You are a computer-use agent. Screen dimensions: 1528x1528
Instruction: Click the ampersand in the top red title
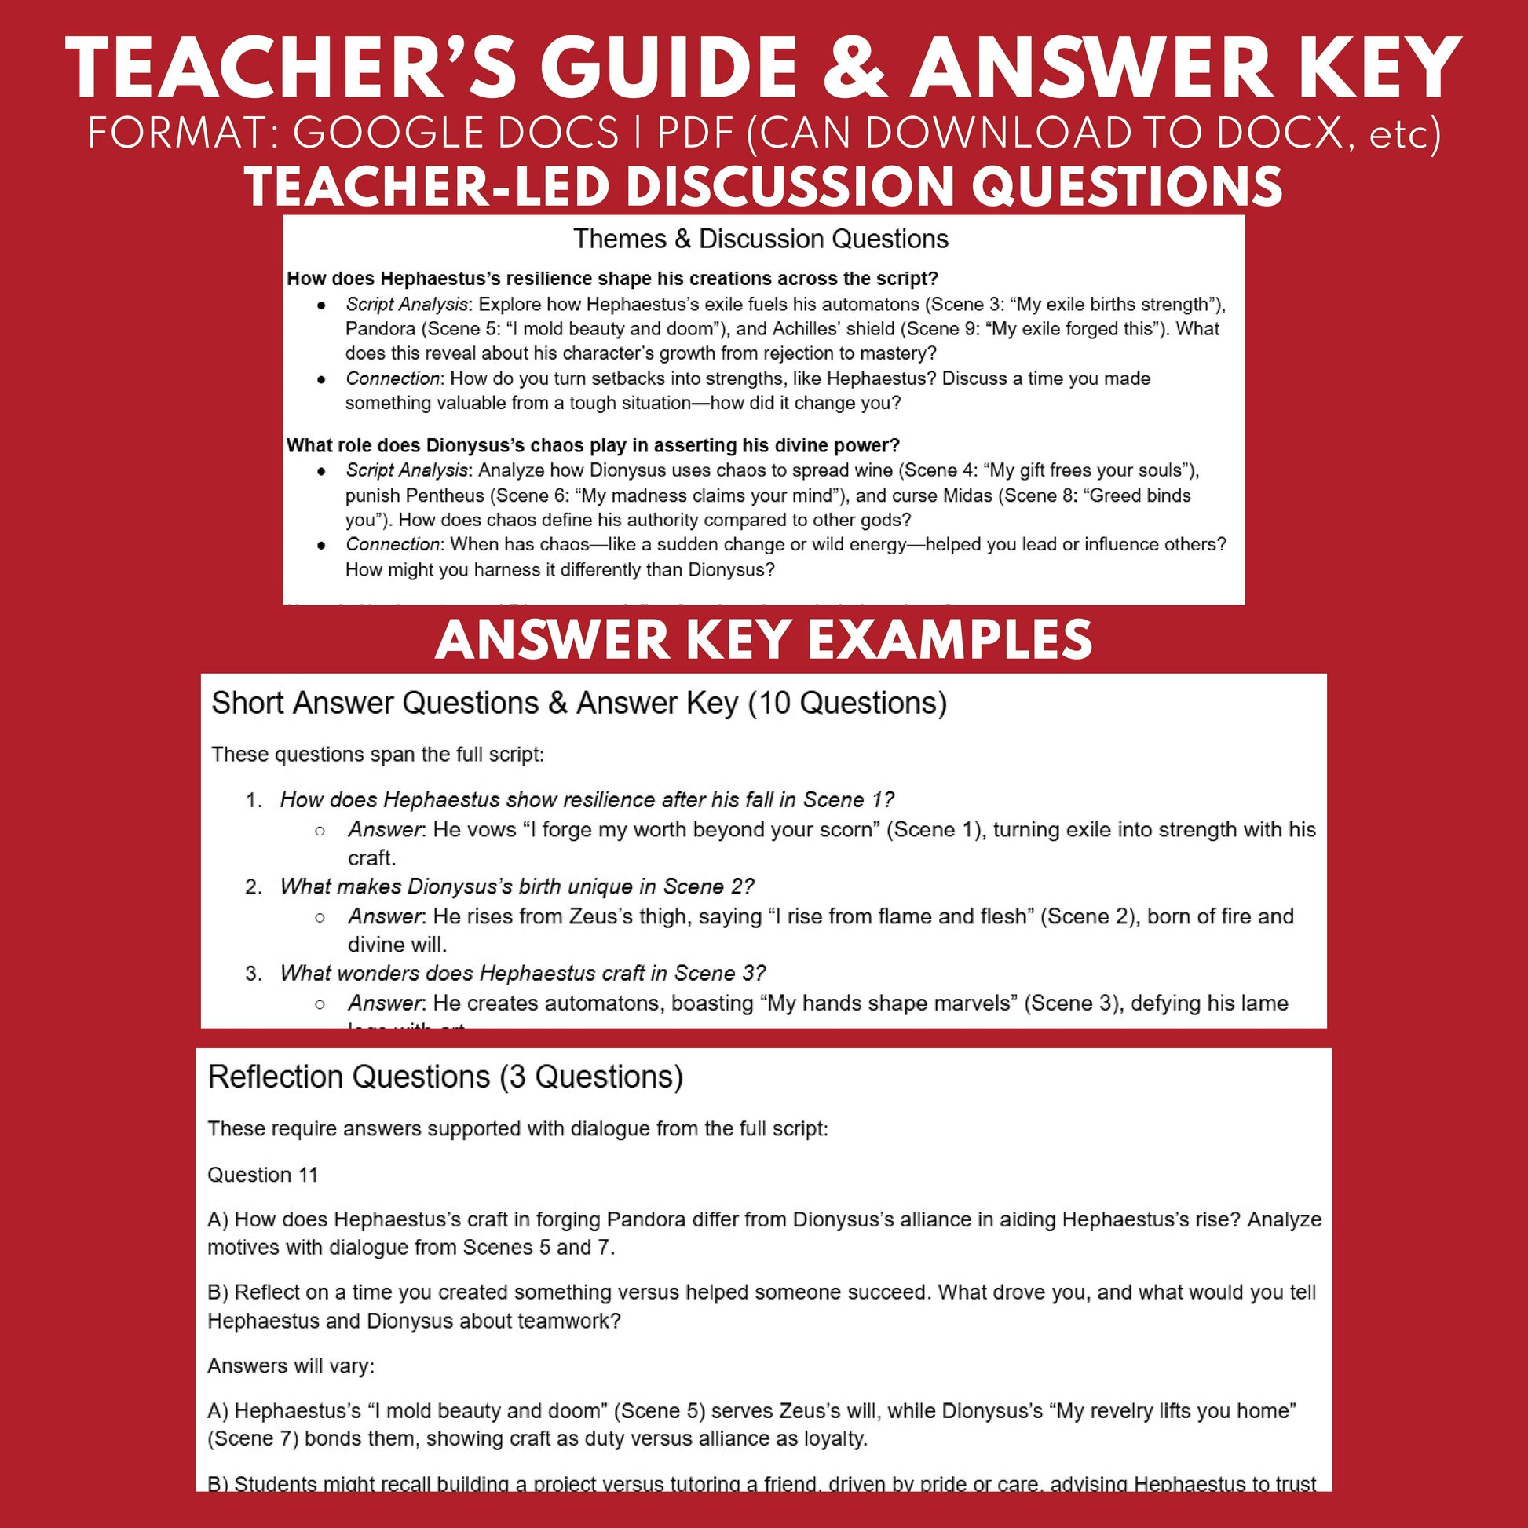point(856,70)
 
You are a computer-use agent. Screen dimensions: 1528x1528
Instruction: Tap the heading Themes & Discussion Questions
point(761,239)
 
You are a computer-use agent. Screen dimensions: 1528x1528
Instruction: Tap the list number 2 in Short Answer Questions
point(253,886)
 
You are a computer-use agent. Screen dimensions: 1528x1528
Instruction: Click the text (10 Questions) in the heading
point(847,703)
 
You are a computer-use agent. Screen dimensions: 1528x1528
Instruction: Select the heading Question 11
point(262,1175)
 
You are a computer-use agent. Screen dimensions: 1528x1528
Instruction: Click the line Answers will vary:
point(291,1366)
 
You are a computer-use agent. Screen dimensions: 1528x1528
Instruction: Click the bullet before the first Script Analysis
point(321,305)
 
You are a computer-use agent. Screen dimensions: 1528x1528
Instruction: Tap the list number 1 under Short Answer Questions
point(253,800)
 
